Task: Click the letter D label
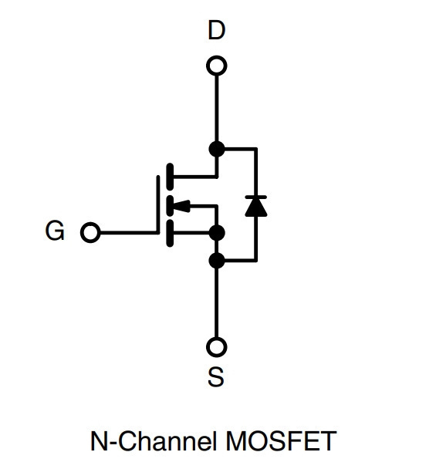pos(216,30)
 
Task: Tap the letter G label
pos(55,231)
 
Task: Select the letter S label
pos(216,377)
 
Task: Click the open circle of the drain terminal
pos(217,66)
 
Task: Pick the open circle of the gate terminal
pos(90,232)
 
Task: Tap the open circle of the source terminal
pos(217,347)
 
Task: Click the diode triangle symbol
pos(256,207)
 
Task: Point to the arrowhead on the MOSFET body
pos(181,206)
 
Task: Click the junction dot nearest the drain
pos(217,149)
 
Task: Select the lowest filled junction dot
pos(217,261)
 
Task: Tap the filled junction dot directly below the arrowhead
pos(217,233)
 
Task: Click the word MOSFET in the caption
pos(281,441)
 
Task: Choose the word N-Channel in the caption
pos(154,441)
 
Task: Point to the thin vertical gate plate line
pos(157,204)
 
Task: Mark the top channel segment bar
pos(170,177)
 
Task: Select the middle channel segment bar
pos(170,205)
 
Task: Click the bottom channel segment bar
pos(170,233)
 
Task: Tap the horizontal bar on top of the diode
pos(256,197)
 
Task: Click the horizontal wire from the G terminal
pos(128,232)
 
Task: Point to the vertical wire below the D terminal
pos(217,108)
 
